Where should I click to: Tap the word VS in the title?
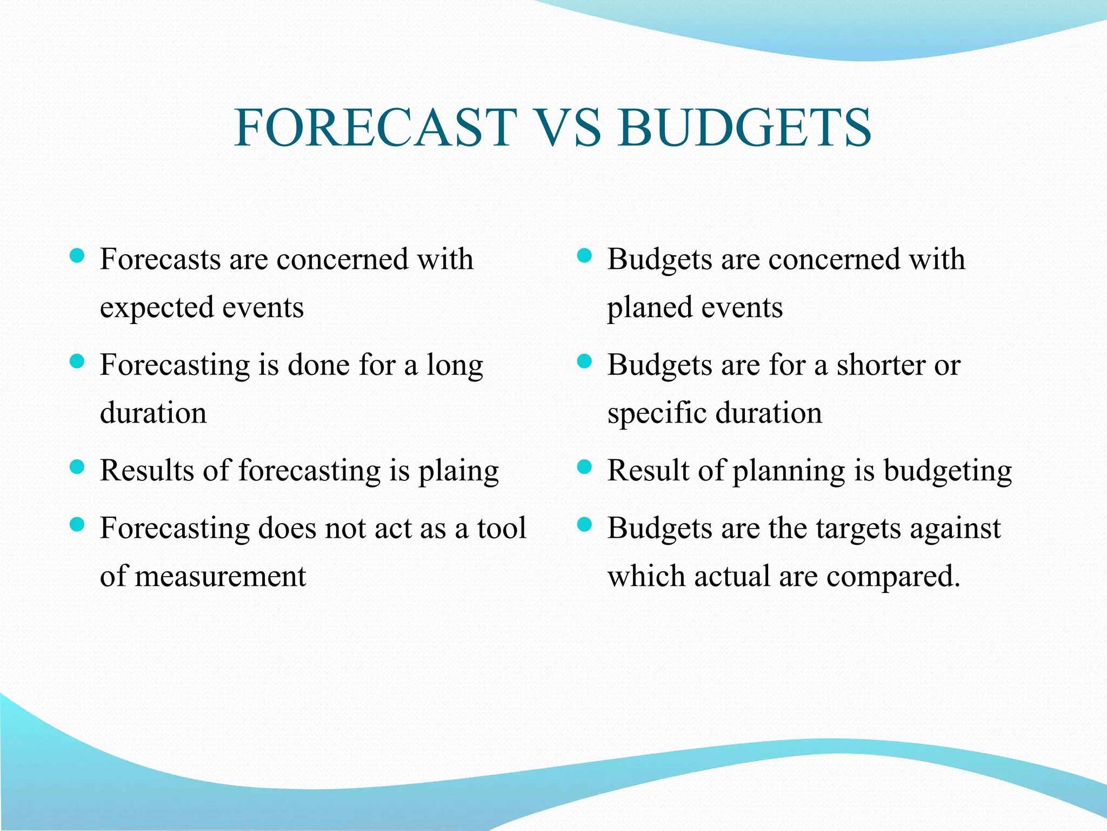568,128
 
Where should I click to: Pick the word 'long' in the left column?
455,366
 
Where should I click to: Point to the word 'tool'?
501,528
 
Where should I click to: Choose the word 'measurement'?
221,576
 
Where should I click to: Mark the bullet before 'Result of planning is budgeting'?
584,467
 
